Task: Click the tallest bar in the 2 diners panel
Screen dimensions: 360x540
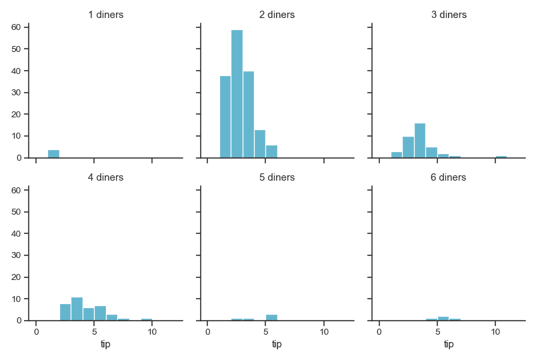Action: pos(237,93)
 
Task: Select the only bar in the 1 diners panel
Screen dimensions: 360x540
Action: pos(53,154)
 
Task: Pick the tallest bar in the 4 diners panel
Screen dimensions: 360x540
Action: pos(77,309)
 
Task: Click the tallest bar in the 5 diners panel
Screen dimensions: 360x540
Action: pos(271,317)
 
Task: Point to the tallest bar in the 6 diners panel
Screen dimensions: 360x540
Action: pos(443,319)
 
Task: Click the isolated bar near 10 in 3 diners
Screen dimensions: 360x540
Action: pos(501,157)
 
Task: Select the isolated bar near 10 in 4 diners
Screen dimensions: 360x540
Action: pos(146,319)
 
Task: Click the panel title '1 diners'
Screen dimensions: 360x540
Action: pos(105,15)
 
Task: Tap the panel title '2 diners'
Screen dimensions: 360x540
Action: pos(277,15)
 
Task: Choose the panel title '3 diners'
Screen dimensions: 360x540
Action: pos(449,15)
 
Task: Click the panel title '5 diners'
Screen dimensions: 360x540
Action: pos(277,177)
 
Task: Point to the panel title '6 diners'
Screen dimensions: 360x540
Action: pos(449,177)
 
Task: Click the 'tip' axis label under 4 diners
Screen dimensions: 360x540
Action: pos(105,344)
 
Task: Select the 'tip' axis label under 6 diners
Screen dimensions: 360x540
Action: pos(449,344)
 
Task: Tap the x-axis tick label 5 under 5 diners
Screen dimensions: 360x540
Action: pos(266,332)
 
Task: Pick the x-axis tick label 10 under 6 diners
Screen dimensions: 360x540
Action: pos(495,332)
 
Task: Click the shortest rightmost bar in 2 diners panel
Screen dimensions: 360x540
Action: pos(271,151)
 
